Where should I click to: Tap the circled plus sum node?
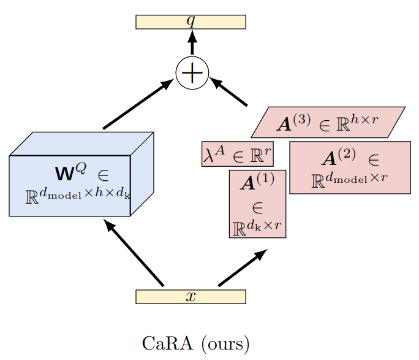click(192, 73)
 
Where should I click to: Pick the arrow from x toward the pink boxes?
click(243, 268)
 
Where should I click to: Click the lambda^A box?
click(238, 154)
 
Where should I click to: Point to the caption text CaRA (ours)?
click(195, 343)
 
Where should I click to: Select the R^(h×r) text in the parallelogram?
click(359, 123)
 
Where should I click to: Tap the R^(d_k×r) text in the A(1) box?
click(258, 228)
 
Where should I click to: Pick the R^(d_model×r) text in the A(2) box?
click(349, 180)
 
